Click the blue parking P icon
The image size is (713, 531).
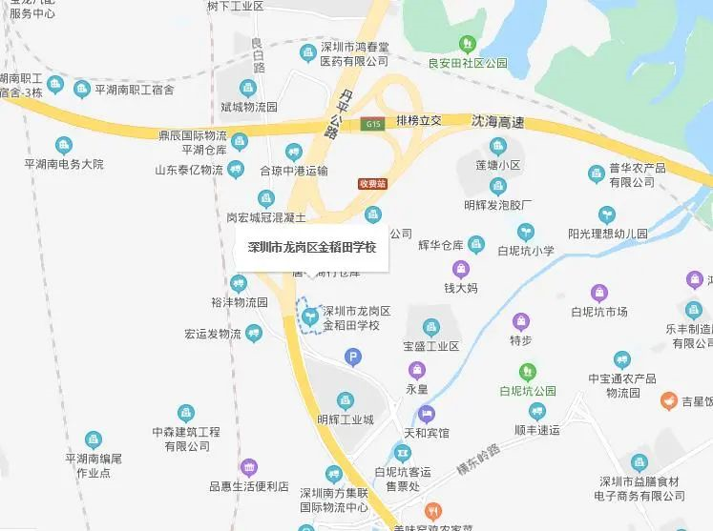[x=352, y=357]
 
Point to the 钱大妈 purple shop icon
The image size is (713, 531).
[x=460, y=269]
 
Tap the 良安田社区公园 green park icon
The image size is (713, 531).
[x=468, y=44]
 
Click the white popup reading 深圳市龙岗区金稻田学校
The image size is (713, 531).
[x=311, y=248]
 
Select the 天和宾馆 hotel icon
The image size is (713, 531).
[x=425, y=414]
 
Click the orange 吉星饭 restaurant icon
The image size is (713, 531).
[x=671, y=402]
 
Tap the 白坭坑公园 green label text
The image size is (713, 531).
[x=528, y=391]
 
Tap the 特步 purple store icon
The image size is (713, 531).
[x=519, y=321]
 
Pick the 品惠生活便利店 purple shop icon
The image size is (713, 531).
[x=249, y=467]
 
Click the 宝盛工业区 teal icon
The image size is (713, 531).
[x=431, y=326]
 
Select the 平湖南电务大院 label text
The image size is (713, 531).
[x=64, y=164]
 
